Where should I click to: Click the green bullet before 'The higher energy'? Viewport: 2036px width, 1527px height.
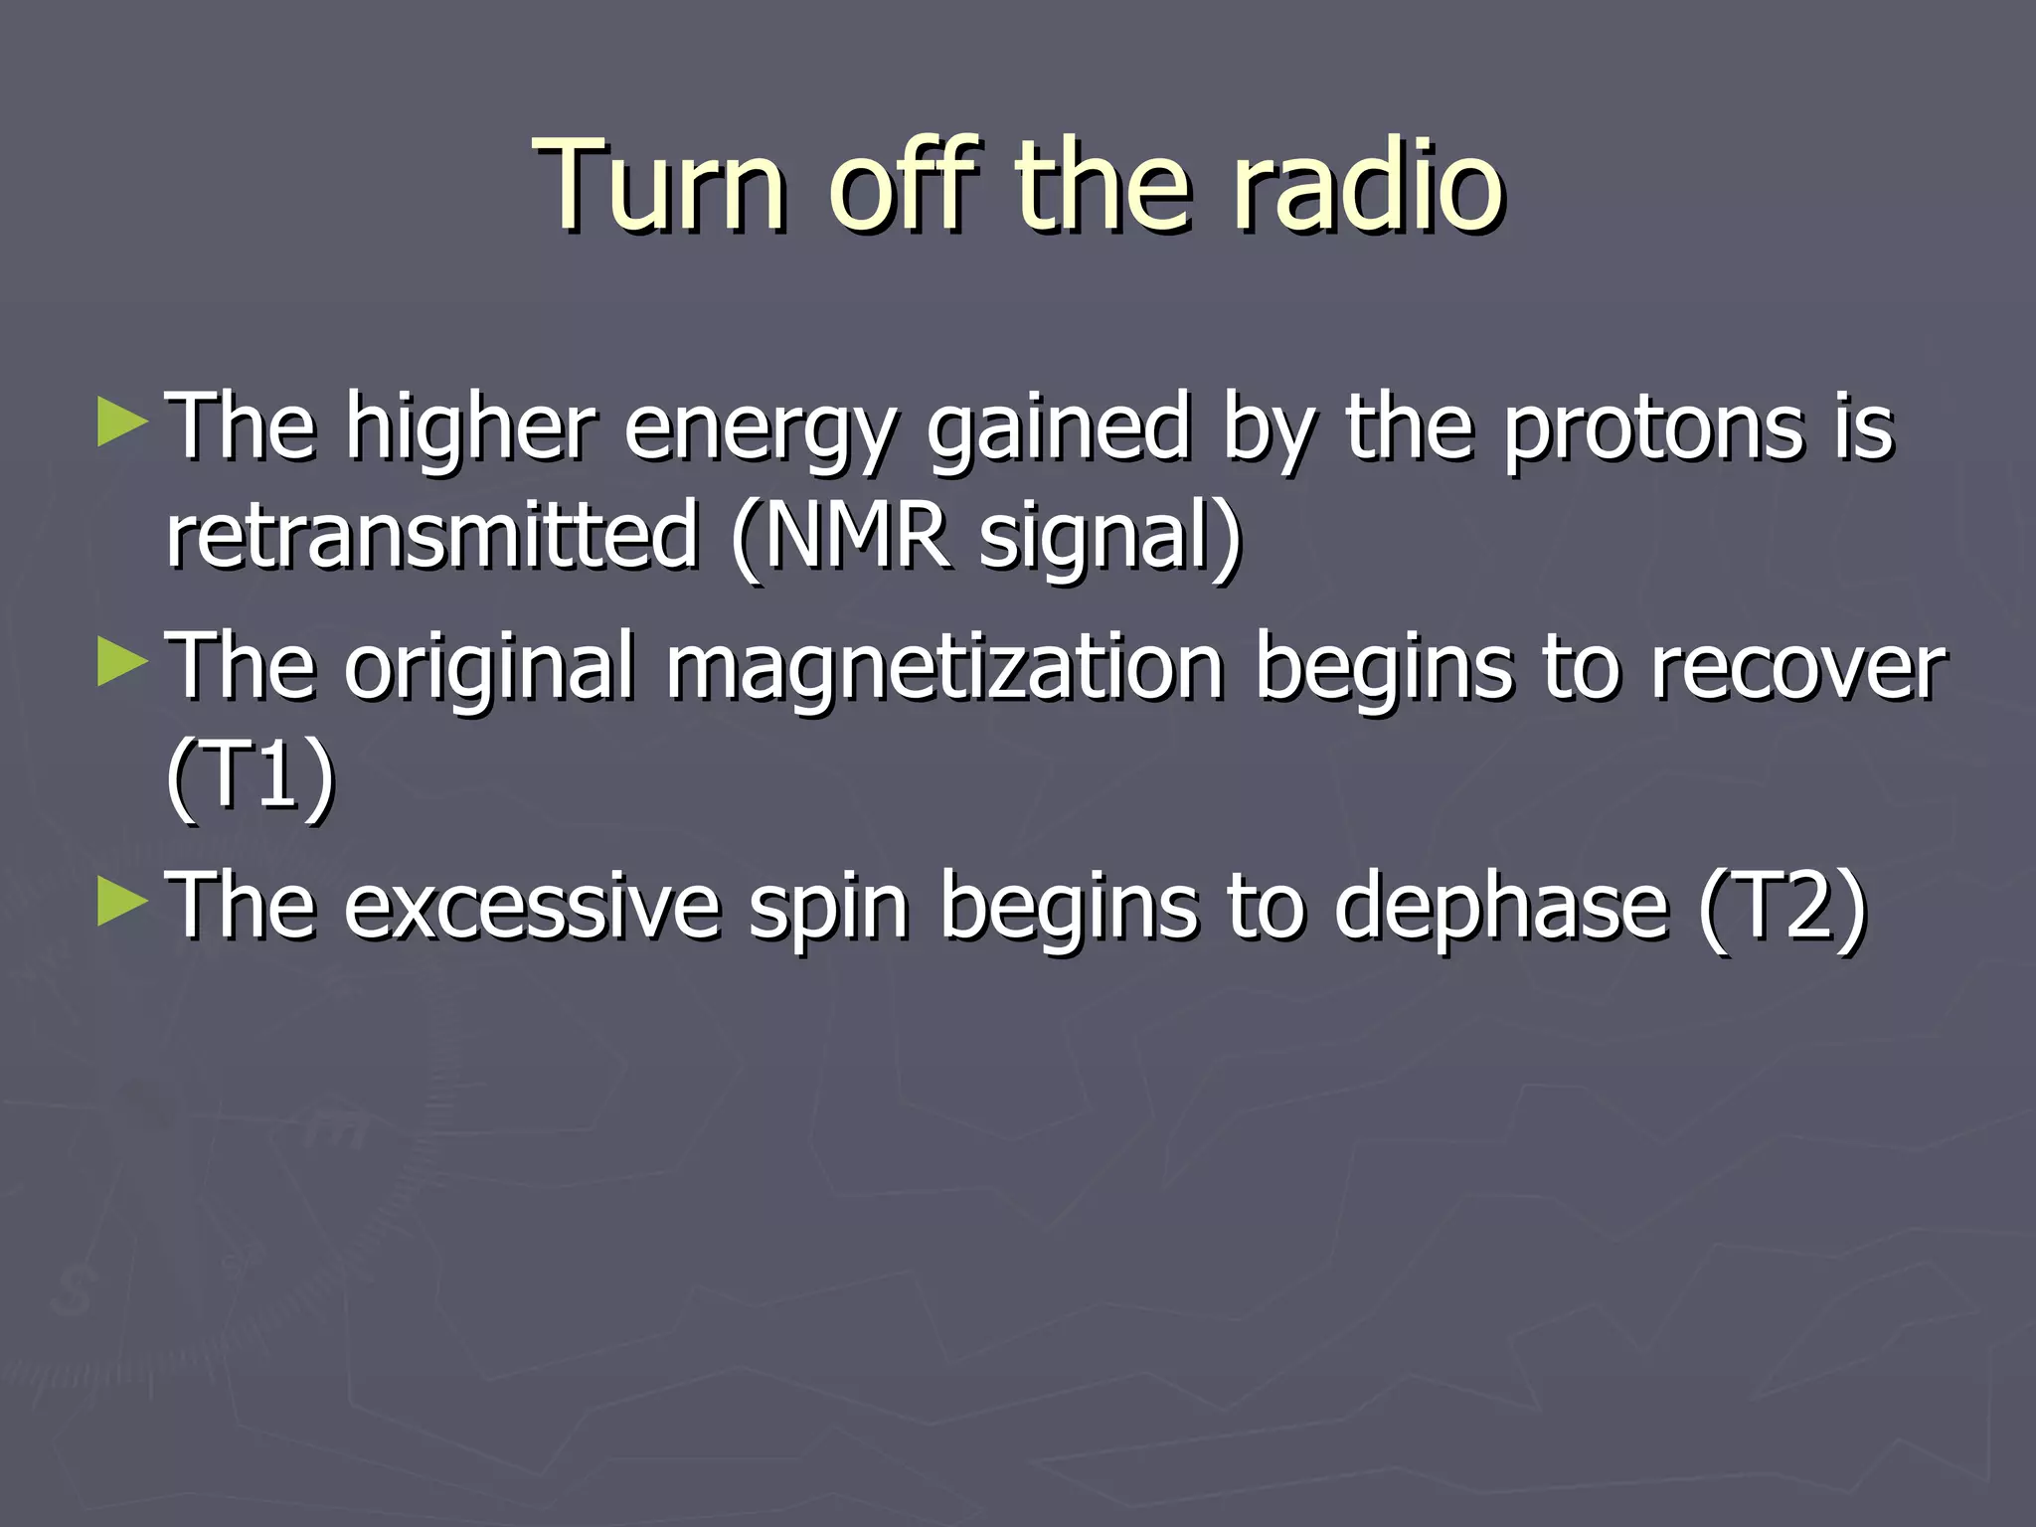[x=122, y=423]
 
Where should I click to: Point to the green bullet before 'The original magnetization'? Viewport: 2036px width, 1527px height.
[x=122, y=663]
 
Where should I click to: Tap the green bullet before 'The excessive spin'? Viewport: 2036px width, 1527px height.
[x=122, y=902]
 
